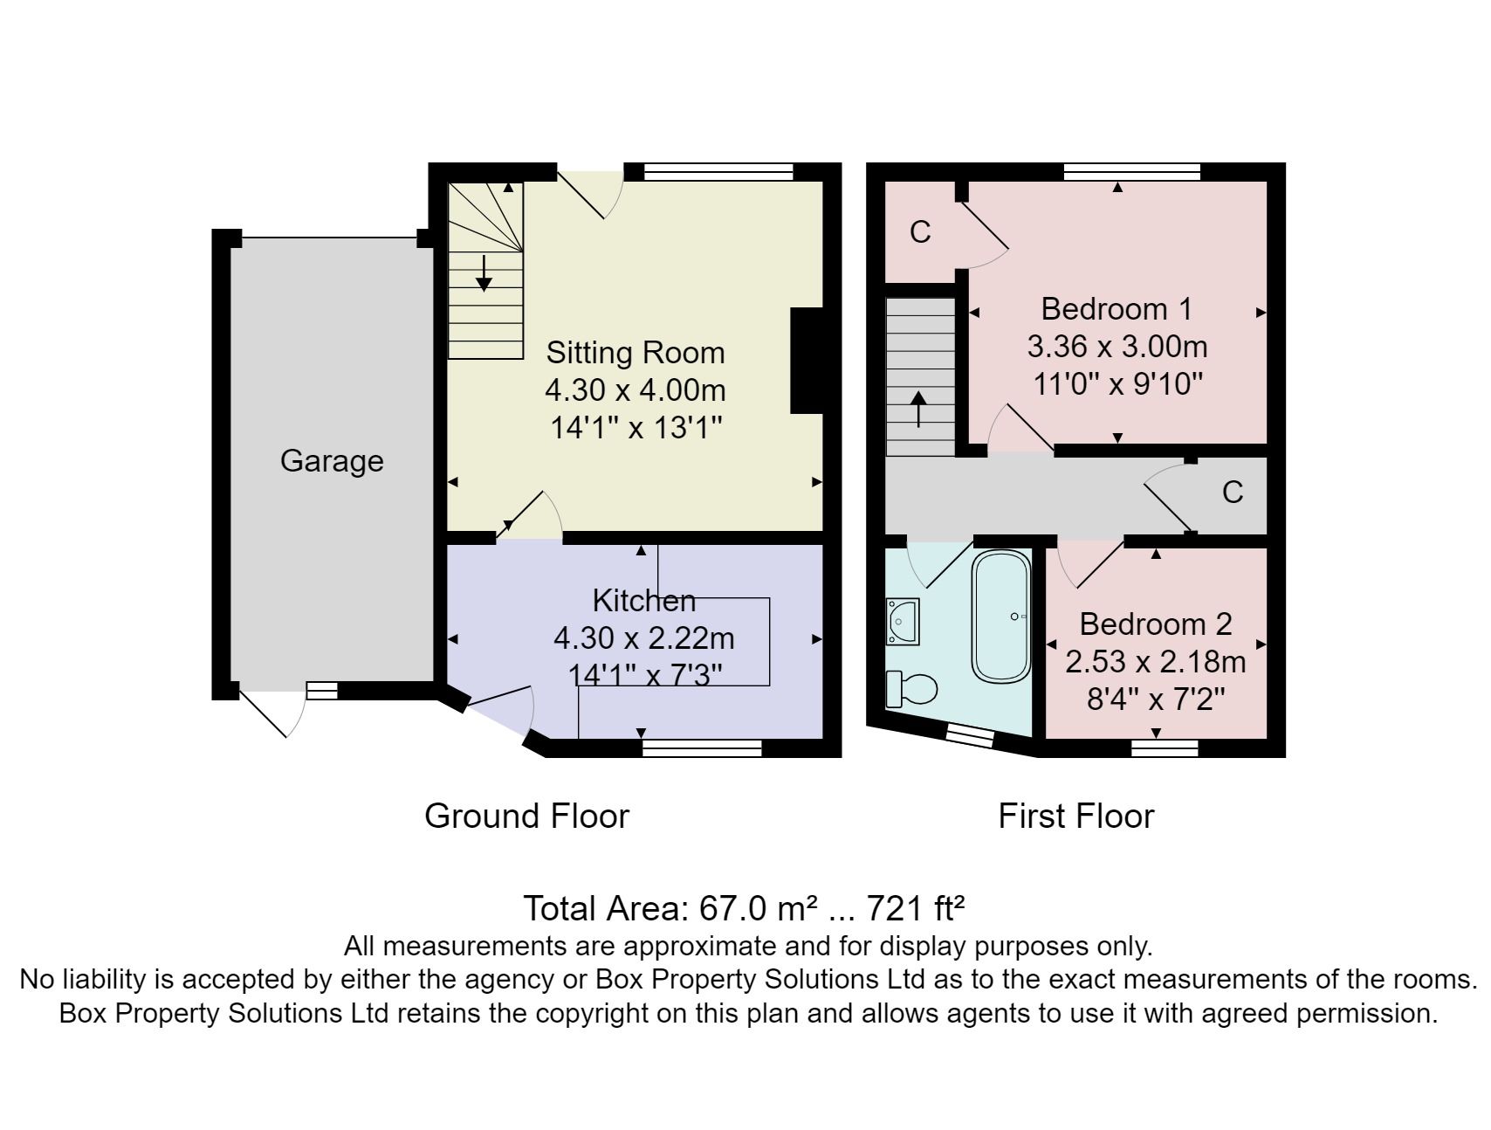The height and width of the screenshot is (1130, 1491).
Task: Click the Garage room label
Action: [x=332, y=461]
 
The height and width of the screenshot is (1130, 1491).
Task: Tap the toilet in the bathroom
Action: [x=911, y=688]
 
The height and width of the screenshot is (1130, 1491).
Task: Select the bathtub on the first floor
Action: [x=1001, y=617]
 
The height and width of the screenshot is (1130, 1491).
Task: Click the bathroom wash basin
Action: [x=903, y=621]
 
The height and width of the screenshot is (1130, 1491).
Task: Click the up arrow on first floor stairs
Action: [x=918, y=409]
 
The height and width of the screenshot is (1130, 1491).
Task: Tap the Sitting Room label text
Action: [x=636, y=353]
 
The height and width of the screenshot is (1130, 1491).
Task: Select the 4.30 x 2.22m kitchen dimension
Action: [x=644, y=638]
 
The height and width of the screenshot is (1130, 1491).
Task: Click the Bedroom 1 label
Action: [x=1117, y=309]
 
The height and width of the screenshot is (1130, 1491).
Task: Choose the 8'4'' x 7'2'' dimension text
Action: [x=1156, y=699]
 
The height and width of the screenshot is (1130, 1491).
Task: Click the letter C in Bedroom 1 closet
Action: [x=920, y=232]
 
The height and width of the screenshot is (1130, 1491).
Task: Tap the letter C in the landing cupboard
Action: [x=1232, y=493]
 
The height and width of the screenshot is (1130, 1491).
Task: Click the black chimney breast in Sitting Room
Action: [x=807, y=360]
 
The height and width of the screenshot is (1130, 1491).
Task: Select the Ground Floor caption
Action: [x=526, y=816]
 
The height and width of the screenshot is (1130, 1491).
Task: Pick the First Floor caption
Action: [x=1075, y=816]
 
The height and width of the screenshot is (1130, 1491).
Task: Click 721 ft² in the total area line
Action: [x=915, y=909]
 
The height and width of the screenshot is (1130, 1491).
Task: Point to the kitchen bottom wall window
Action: [x=702, y=748]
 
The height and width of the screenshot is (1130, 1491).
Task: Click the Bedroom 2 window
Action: [x=1164, y=748]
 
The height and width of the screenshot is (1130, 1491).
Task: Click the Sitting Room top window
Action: [x=718, y=171]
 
